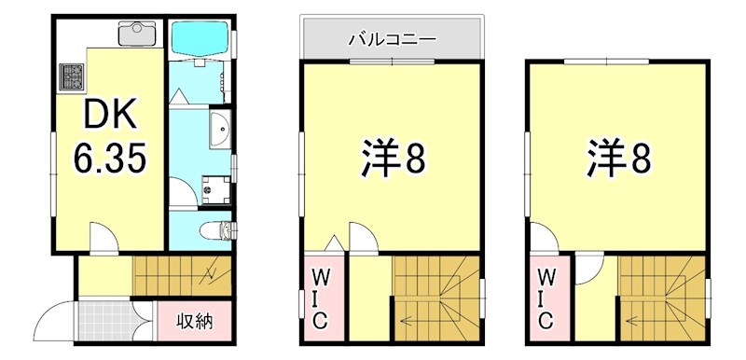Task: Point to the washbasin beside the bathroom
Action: (218, 130)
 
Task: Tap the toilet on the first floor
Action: (216, 228)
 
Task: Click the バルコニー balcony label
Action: (392, 39)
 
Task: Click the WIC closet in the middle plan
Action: (319, 298)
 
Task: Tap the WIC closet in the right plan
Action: (546, 298)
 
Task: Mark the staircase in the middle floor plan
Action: (436, 298)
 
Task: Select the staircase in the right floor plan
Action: (662, 298)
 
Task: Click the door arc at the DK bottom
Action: (102, 238)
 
